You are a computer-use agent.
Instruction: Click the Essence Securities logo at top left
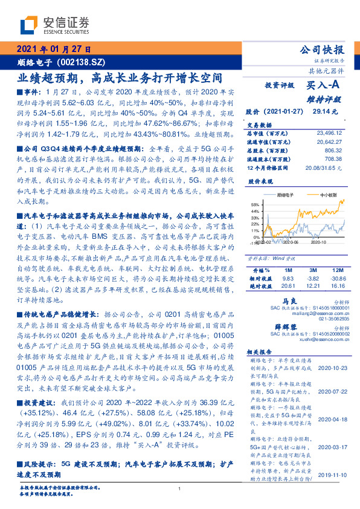[55, 25]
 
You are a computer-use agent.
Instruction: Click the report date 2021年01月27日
[53, 50]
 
